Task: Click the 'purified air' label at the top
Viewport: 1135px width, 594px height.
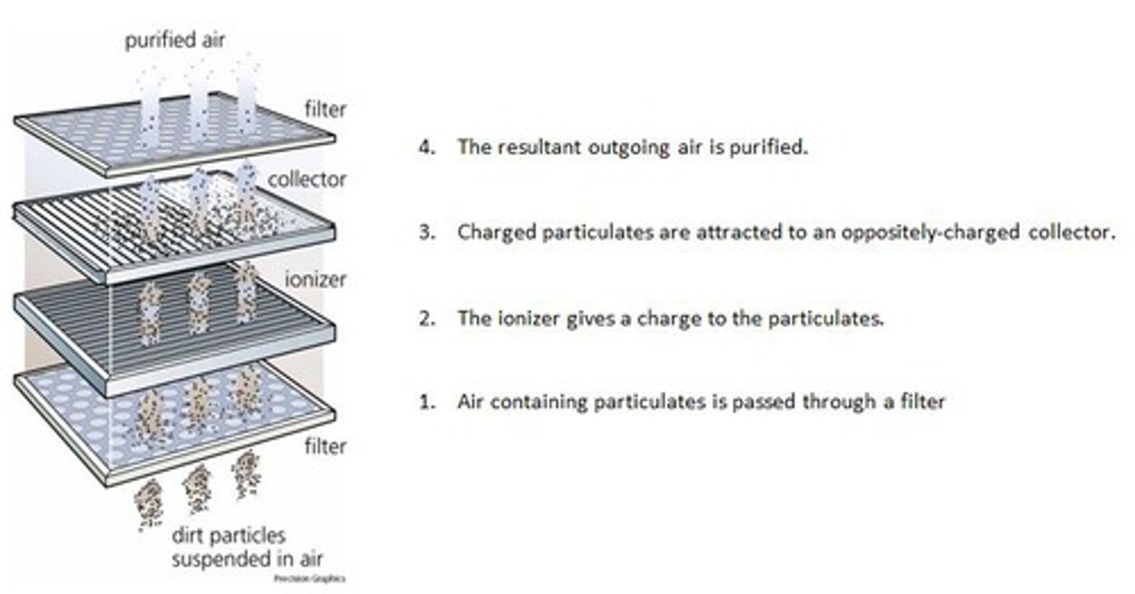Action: (174, 40)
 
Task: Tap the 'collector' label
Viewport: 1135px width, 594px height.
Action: (307, 180)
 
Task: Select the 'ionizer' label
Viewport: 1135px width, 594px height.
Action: (315, 279)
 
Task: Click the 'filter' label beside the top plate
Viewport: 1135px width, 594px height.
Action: (326, 109)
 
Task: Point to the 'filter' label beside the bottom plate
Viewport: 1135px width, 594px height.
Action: (326, 447)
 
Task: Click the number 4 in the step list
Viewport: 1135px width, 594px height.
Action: (426, 147)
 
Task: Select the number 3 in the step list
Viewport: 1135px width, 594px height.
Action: (426, 233)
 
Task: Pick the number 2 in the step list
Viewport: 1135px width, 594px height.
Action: (426, 319)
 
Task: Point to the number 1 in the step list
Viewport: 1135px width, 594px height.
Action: (426, 402)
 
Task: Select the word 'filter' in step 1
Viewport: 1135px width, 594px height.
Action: (923, 402)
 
